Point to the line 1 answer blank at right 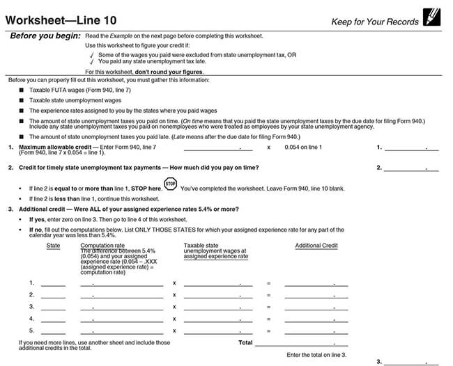pos(412,148)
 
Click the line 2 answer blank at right pos(412,168)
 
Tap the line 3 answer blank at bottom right pos(412,362)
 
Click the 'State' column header pos(53,246)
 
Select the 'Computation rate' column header pos(102,246)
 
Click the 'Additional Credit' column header pos(316,246)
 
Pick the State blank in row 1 pos(53,283)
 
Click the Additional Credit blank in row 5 pos(316,331)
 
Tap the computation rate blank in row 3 pos(122,307)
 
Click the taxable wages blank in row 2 pos(218,295)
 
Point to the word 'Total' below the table pos(245,342)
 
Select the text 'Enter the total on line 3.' pos(316,355)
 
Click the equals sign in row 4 pos(268,319)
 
